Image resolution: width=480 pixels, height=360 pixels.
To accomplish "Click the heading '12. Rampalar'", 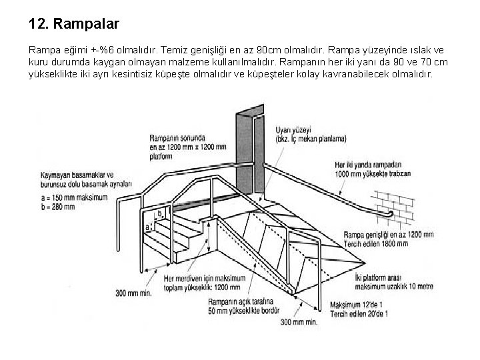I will pos(74,24).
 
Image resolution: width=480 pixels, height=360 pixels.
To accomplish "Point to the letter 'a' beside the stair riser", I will pos(147,227).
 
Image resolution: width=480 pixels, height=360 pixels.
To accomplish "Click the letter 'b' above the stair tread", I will pos(159,213).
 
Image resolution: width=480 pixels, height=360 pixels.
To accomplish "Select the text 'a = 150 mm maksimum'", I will pos(74,198).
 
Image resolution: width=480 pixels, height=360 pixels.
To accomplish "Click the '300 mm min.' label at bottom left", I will pos(134,293).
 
